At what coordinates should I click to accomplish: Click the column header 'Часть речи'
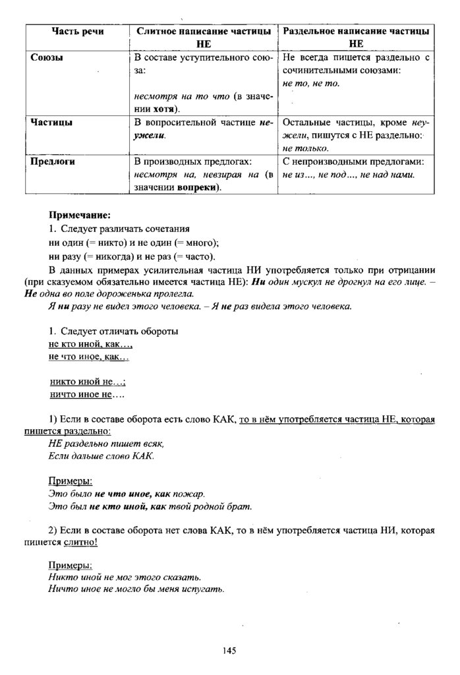(x=73, y=32)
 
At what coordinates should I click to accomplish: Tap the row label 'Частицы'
(x=52, y=123)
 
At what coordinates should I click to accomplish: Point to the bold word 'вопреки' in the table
(x=197, y=188)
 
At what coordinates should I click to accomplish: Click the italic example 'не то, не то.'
(x=310, y=82)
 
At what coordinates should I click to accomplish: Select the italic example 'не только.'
(x=301, y=148)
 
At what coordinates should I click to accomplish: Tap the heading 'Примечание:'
(x=79, y=216)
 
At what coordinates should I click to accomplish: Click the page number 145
(x=229, y=651)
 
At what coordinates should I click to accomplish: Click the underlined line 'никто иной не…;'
(x=88, y=382)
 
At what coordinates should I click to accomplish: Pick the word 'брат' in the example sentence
(x=241, y=507)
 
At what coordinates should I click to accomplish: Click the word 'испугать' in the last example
(x=204, y=590)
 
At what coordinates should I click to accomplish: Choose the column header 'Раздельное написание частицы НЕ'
(x=356, y=38)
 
